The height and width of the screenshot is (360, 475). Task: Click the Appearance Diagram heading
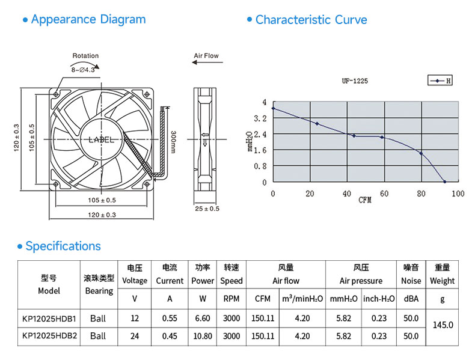88,19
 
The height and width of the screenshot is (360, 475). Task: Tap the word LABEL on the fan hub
101,139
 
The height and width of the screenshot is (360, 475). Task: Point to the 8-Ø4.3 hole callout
83,70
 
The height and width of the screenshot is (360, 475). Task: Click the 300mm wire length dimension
173,142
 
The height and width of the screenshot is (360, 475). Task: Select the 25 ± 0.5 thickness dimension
207,209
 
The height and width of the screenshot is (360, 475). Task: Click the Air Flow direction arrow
207,63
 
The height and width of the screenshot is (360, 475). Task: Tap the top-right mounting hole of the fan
147,94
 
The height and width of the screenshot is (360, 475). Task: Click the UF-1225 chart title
355,81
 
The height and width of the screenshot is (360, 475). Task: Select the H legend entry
440,81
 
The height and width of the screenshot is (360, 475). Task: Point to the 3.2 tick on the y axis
260,118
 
